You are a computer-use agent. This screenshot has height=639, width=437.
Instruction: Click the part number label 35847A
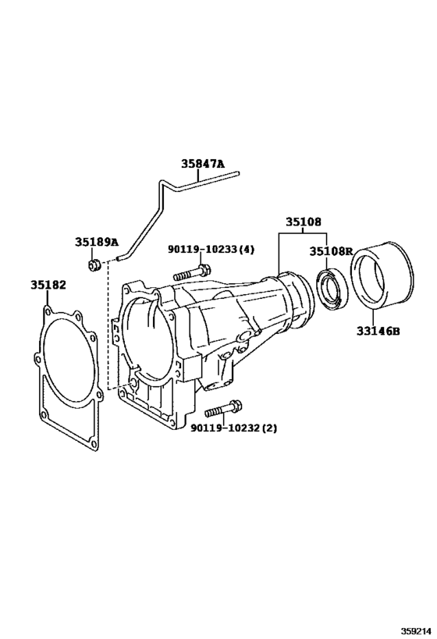tap(202, 164)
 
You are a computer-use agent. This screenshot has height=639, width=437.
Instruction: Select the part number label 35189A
tap(96, 242)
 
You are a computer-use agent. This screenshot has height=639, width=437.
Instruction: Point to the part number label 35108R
tap(331, 251)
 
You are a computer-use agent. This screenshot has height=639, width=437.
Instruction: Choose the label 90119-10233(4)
tap(211, 250)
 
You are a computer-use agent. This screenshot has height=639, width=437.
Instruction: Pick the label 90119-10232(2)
tap(233, 428)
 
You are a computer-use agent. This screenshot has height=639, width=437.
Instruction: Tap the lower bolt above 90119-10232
tap(223, 409)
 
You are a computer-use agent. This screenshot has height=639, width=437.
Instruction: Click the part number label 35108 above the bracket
tap(302, 222)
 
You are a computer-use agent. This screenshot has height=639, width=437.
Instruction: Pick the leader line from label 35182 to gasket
tap(48, 300)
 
